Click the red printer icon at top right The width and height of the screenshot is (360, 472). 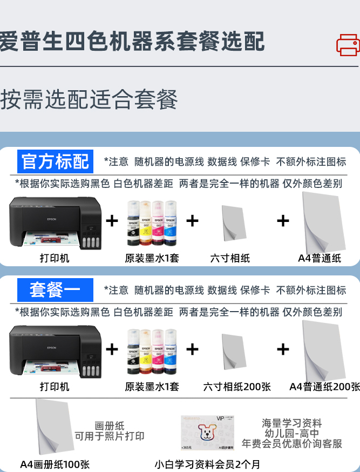348,44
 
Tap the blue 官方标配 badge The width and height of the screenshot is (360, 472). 55,161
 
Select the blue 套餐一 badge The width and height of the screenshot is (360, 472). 55,290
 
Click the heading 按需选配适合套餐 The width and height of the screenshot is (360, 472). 89,99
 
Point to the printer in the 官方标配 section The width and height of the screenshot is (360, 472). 55,222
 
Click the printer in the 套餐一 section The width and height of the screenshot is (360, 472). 55,351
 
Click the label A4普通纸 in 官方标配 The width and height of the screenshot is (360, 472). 320,258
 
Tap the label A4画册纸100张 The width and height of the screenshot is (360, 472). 55,464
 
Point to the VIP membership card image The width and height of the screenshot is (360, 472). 207,433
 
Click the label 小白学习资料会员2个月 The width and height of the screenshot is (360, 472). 207,464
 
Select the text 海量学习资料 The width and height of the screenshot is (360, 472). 291,423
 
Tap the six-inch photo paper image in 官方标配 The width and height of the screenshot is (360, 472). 234,223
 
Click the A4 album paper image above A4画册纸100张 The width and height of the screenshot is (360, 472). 55,427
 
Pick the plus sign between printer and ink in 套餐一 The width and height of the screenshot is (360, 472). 112,349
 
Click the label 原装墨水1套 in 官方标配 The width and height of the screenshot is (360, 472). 152,258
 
